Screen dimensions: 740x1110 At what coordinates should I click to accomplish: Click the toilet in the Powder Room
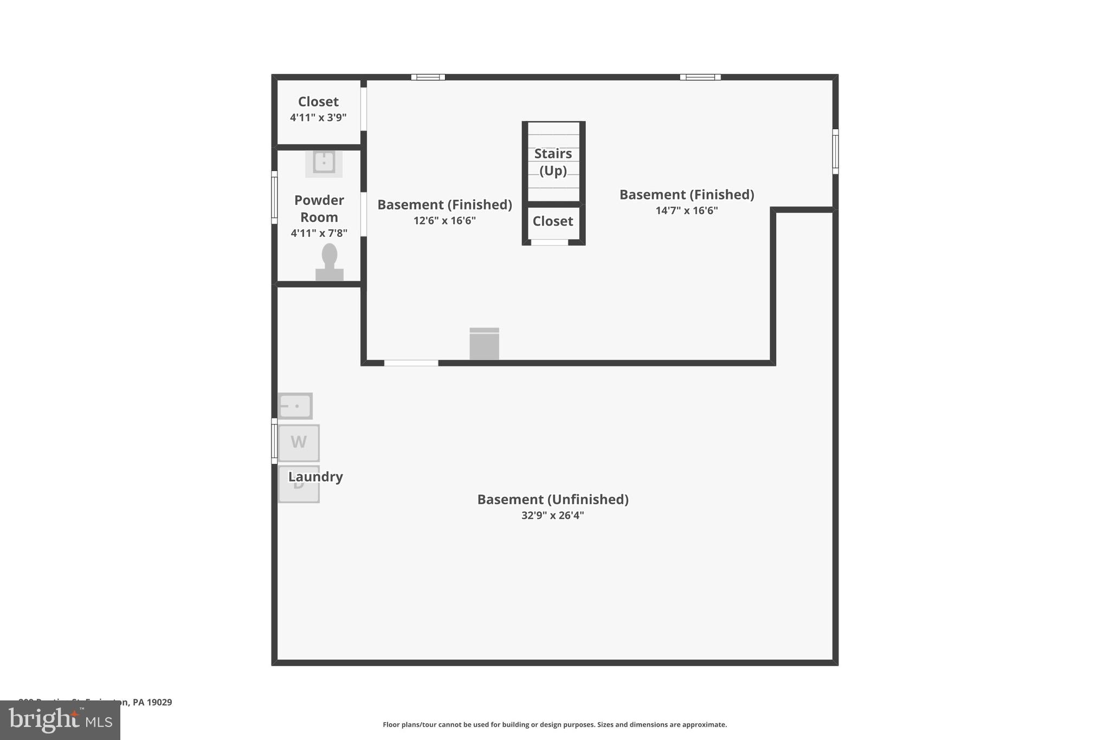pos(330,263)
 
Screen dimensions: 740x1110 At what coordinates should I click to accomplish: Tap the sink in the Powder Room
pos(324,162)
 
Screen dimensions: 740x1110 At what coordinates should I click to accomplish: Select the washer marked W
pos(299,442)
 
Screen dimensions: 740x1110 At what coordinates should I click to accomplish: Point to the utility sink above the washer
pos(295,406)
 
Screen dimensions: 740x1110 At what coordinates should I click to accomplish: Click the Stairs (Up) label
pos(553,162)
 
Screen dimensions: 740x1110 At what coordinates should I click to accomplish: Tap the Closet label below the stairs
pos(553,221)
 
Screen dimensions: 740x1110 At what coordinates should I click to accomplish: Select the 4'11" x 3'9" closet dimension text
pos(318,118)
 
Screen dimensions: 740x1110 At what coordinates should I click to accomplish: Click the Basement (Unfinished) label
pos(553,499)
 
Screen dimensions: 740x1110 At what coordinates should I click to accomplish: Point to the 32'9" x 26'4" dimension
pos(553,516)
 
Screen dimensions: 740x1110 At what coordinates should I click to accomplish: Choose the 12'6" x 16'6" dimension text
pos(444,221)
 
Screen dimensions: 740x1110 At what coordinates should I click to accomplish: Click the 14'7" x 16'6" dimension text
pos(687,211)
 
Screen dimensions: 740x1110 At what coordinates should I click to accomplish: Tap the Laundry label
pos(315,477)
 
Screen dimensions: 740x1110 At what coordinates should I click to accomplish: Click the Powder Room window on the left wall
pos(274,197)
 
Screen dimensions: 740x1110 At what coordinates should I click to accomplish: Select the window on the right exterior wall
pos(835,151)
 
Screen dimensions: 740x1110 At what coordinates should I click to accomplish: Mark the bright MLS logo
pos(60,720)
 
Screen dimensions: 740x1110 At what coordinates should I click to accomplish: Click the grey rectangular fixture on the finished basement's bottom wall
pos(484,344)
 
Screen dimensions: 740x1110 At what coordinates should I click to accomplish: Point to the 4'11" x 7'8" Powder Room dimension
pos(319,233)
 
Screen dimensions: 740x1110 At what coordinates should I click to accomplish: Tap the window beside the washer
pos(274,441)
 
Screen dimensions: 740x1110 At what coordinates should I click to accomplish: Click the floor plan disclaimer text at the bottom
pos(554,725)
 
